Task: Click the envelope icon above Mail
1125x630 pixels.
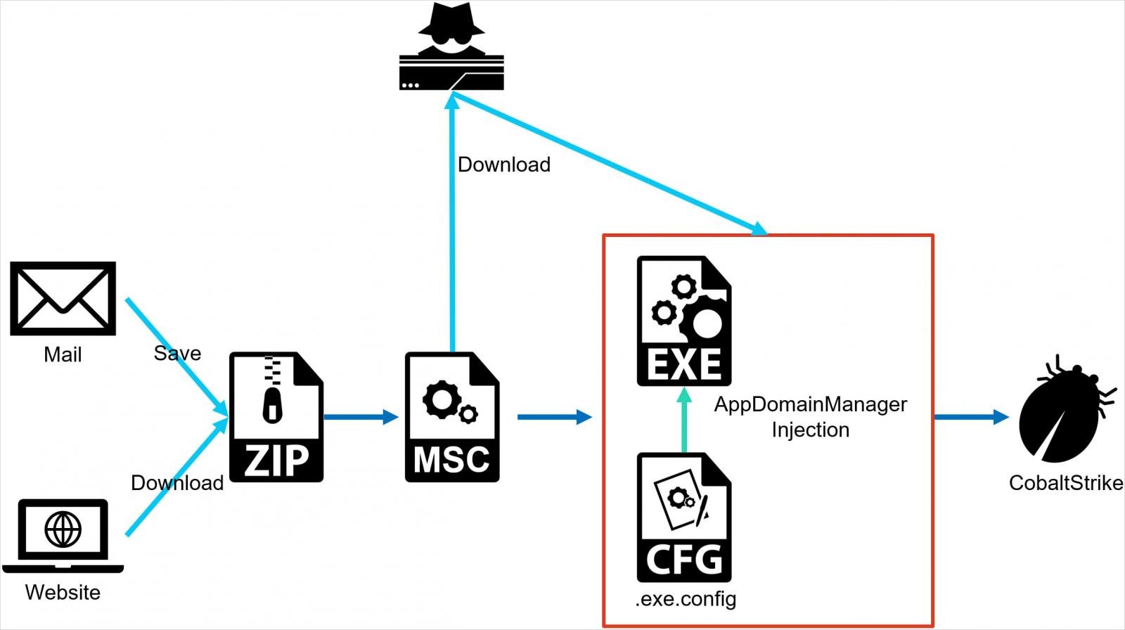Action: tap(63, 298)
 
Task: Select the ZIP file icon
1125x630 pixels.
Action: tap(276, 417)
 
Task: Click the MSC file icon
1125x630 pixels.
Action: tap(451, 417)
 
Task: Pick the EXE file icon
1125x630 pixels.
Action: tap(683, 321)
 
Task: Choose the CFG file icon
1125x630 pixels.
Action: tap(683, 517)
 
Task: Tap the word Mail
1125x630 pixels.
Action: tap(63, 354)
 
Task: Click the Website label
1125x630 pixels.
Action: tap(63, 592)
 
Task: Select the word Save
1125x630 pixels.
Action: tap(177, 353)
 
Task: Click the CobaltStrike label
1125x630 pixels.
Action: tap(1065, 483)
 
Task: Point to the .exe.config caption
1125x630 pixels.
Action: tap(686, 599)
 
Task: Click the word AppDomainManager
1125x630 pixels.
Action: tap(810, 404)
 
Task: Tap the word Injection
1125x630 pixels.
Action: tap(810, 430)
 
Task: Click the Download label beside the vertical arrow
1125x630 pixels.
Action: tap(503, 165)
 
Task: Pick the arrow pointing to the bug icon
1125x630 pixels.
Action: tap(971, 417)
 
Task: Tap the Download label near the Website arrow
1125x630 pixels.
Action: tap(177, 483)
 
